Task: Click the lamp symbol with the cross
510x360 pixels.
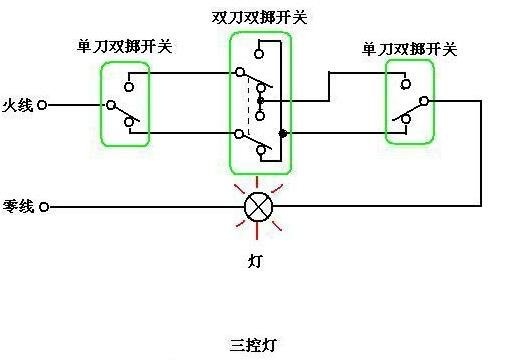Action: [x=258, y=207]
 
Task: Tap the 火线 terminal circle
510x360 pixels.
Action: [x=42, y=105]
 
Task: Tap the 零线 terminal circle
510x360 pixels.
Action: [x=44, y=207]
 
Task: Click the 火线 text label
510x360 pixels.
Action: [x=18, y=105]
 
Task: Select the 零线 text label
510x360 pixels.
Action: [x=18, y=206]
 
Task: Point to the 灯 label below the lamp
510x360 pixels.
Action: [x=255, y=261]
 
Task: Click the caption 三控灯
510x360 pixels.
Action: [x=253, y=345]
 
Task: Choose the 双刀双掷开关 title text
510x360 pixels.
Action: [x=259, y=17]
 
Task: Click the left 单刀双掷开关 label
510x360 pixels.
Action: [x=124, y=46]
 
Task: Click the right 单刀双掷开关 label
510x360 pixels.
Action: [x=409, y=49]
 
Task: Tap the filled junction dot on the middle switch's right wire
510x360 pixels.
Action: [x=283, y=133]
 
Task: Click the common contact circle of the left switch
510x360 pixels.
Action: [x=111, y=105]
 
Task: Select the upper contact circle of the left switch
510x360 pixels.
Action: [x=129, y=87]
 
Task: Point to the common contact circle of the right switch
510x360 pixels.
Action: [x=424, y=101]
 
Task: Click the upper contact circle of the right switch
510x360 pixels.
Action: [x=406, y=83]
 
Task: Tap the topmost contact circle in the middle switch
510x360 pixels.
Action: [x=259, y=54]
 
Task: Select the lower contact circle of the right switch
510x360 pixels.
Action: [x=406, y=119]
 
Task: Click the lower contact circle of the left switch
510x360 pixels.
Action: [x=129, y=122]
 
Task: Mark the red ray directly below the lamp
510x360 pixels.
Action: [x=257, y=231]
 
